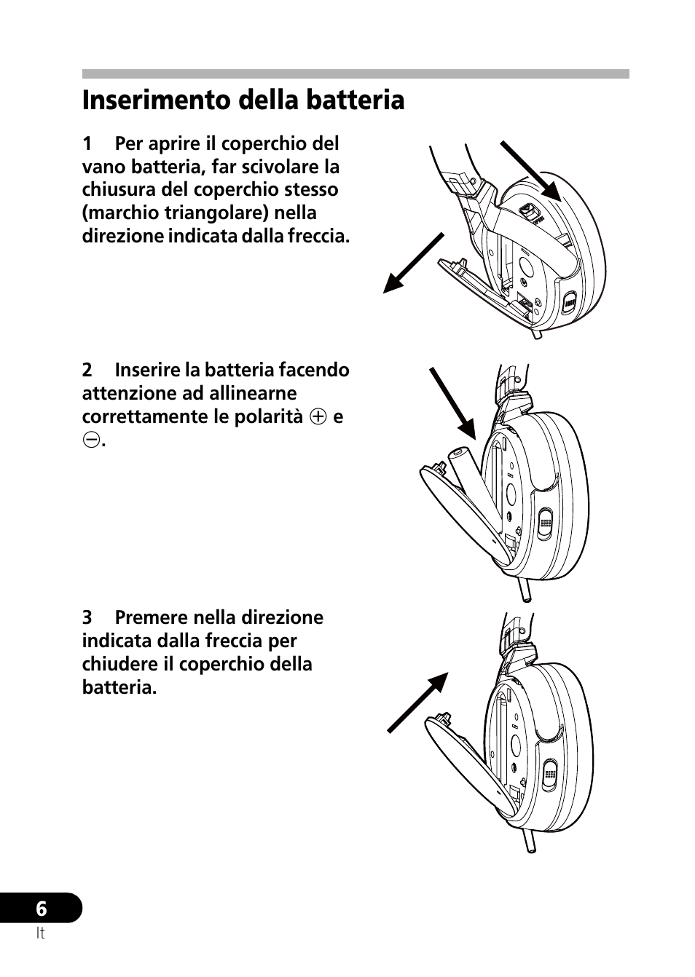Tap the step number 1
87,143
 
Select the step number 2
87,370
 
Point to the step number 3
87,617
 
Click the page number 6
41,909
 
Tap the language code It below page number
40,934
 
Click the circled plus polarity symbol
316,417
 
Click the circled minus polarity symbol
90,440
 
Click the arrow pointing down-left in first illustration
413,263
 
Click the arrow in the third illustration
417,702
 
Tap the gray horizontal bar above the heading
356,74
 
